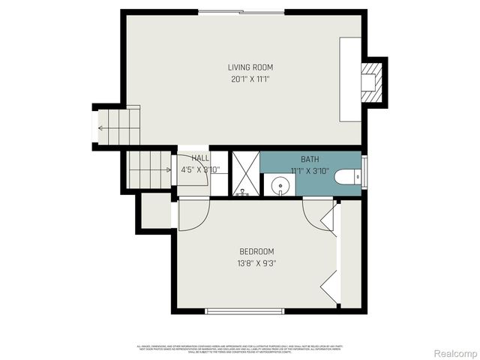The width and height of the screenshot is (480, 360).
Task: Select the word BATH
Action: [x=310, y=160]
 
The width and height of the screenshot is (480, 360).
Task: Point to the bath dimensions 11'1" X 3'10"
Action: [x=310, y=170]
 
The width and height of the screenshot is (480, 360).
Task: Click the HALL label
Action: [x=200, y=158]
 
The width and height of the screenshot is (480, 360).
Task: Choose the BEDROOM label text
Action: [x=256, y=251]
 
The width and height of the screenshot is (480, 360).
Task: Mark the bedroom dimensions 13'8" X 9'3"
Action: [x=256, y=262]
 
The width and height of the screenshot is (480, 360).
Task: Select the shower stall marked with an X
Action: [x=244, y=173]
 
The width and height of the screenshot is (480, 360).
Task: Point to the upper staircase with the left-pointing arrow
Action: [x=118, y=127]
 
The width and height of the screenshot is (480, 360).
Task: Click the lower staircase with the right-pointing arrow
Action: [x=148, y=169]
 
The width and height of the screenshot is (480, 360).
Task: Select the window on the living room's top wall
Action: [x=241, y=11]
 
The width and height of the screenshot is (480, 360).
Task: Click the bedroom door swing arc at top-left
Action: [x=192, y=217]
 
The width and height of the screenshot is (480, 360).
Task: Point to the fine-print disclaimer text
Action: [x=240, y=348]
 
